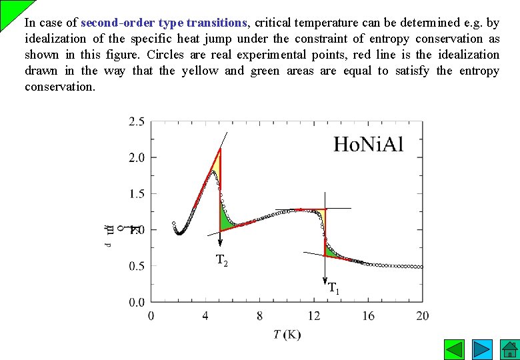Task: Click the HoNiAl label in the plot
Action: pos(368,145)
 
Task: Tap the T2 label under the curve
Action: pos(222,261)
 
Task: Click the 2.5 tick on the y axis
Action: pos(136,121)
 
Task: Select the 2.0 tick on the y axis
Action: pos(136,158)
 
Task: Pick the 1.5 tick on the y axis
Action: pos(136,194)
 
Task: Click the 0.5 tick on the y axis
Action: pos(136,266)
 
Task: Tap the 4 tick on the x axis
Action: pos(205,315)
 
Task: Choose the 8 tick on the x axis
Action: pos(259,315)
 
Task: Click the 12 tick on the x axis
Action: pos(314,315)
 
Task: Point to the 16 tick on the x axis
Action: pos(368,315)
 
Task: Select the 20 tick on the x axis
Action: pos(422,315)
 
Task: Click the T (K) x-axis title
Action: pos(287,334)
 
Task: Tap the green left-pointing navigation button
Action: pos(455,349)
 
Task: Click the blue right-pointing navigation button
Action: pos(482,349)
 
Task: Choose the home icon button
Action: pos(509,349)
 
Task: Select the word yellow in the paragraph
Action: pos(200,71)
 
